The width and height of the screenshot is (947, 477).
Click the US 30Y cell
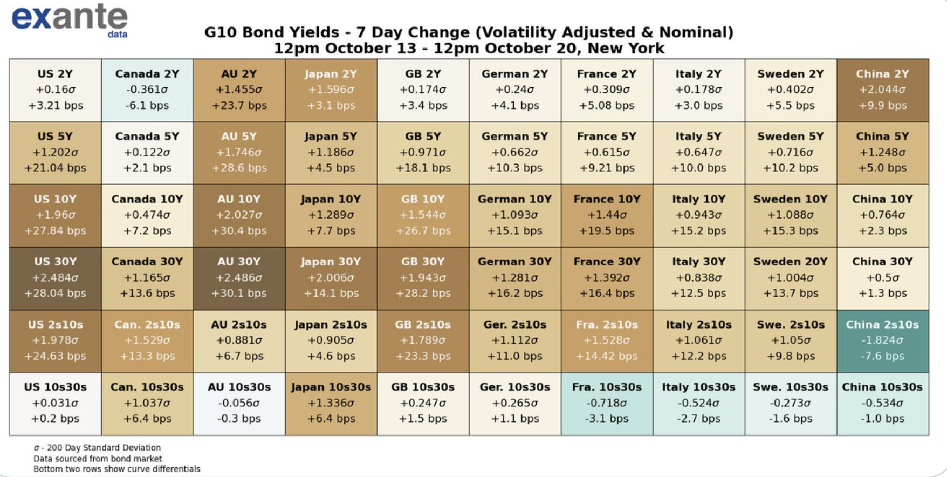55,278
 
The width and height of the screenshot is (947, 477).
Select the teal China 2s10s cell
882,340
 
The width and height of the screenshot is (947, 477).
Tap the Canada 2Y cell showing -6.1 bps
147,90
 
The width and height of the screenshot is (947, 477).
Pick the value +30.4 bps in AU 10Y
239,231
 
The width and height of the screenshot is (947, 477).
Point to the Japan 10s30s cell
331,403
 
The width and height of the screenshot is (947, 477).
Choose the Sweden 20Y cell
790,278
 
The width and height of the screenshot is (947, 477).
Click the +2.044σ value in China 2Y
882,90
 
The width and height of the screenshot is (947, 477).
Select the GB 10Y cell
423,215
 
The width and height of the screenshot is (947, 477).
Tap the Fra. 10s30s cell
607,403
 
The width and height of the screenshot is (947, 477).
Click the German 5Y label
514,137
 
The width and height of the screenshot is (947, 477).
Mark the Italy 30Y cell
698,278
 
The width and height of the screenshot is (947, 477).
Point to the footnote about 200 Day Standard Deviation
97,447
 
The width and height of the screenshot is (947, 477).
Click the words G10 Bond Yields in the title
272,32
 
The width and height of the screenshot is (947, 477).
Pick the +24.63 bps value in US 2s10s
55,356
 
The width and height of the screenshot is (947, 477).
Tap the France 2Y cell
607,90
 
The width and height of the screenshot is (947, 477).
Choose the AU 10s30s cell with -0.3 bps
239,403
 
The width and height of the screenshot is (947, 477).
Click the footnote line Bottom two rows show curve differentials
116,469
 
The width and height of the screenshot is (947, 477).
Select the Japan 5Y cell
331,153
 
